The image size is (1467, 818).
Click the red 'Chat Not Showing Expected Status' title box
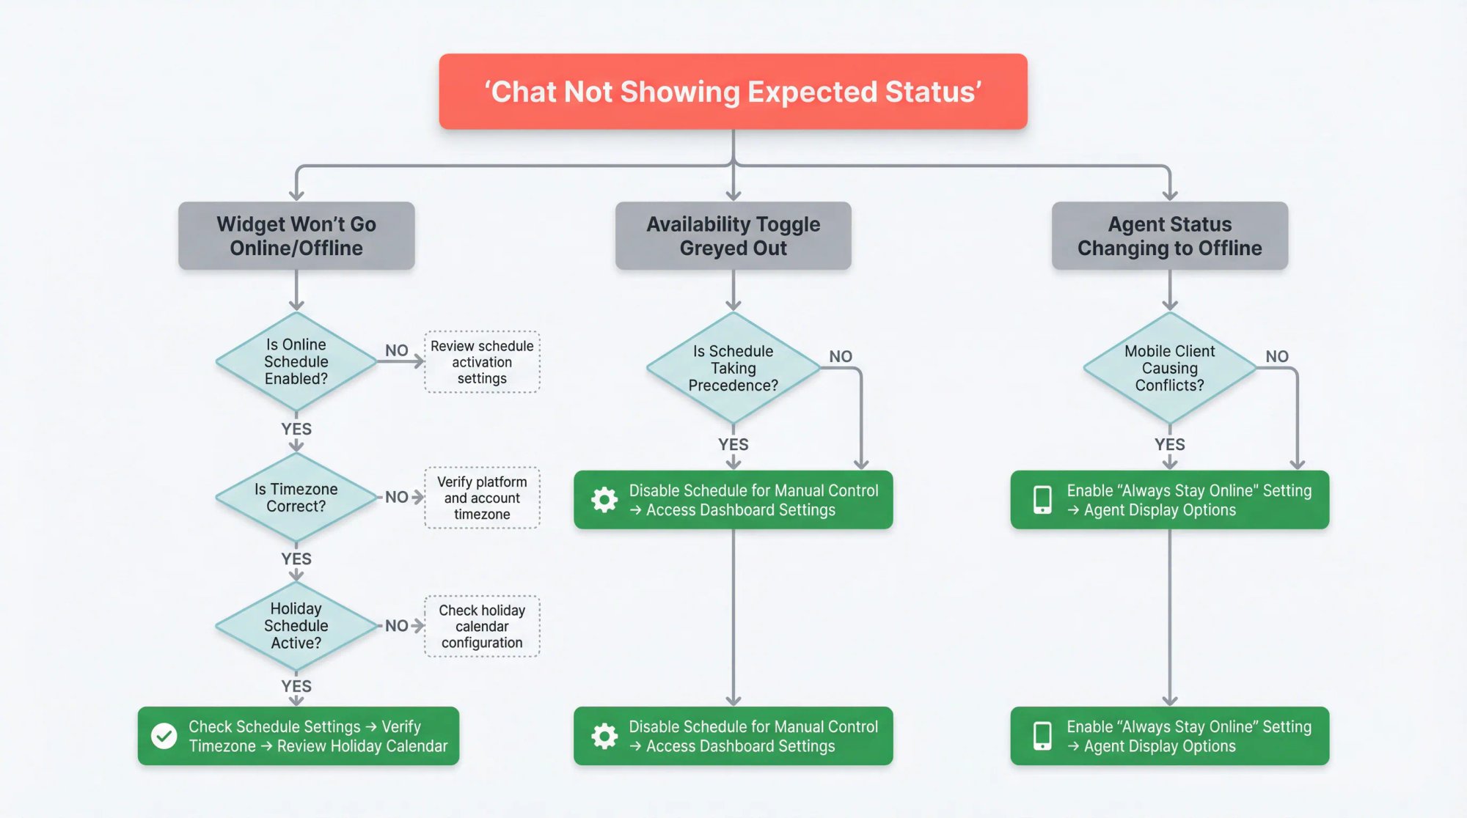(x=733, y=92)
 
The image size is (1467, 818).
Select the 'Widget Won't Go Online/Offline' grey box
(x=296, y=235)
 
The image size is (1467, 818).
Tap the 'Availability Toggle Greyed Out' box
(x=733, y=235)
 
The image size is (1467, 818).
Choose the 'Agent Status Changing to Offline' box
(x=1169, y=235)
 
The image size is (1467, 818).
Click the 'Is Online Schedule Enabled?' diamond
(x=296, y=361)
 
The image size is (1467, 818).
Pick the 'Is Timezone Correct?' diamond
(x=296, y=498)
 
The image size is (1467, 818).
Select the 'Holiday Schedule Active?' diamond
(x=296, y=625)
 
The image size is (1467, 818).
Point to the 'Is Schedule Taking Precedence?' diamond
(x=733, y=368)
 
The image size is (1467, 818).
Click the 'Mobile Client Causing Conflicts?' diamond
(x=1169, y=368)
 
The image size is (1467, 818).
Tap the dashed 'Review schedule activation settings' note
(x=482, y=362)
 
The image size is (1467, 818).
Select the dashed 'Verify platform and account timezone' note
(x=482, y=498)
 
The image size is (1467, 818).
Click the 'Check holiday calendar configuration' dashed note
(x=482, y=626)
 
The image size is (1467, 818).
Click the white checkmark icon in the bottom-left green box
(x=164, y=736)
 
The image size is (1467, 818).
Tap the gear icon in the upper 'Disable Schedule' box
(x=604, y=500)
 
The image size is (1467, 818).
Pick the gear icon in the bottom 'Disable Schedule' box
(x=604, y=736)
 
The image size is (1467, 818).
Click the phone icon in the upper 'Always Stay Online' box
(x=1042, y=500)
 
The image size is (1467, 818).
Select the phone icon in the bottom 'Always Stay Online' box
(x=1042, y=736)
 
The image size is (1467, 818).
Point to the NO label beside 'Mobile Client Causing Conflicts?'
(x=1276, y=356)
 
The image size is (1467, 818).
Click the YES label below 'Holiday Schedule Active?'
(x=296, y=686)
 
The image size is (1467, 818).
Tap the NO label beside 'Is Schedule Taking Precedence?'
(x=841, y=356)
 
